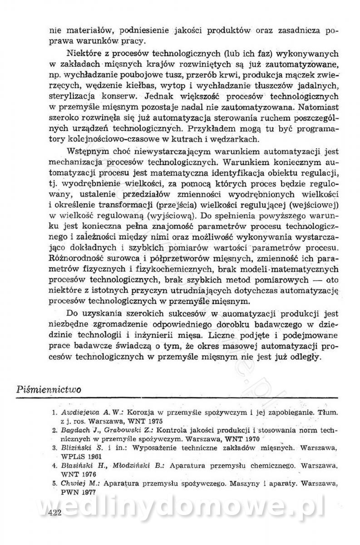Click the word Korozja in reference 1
140,413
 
